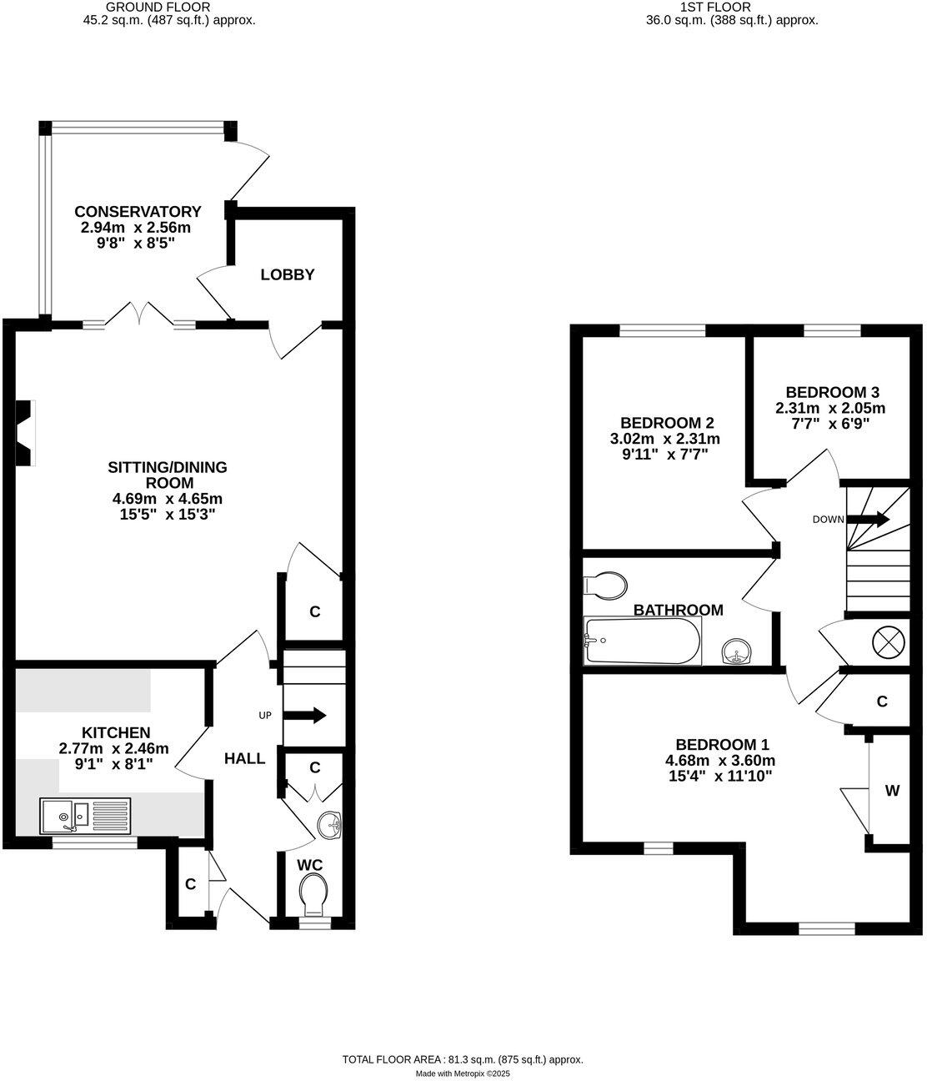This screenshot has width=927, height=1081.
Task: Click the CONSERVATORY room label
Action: coord(138,211)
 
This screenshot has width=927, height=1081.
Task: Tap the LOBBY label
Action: coord(287,274)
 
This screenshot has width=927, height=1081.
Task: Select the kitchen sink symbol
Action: coord(84,814)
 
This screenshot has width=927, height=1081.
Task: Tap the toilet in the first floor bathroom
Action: coord(606,586)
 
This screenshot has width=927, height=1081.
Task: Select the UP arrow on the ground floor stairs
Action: coord(305,716)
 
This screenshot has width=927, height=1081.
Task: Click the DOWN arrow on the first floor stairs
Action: coord(869,520)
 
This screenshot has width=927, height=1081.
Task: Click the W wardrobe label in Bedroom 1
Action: coord(892,791)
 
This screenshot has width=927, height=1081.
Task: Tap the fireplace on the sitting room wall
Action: coord(25,432)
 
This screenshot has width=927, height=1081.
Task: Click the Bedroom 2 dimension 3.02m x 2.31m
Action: coord(665,439)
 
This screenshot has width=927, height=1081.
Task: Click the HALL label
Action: coord(244,758)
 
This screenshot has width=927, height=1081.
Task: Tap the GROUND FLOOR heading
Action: coord(158,7)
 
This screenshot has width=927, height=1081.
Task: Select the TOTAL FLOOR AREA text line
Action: coord(463,1059)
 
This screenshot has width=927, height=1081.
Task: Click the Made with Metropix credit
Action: coord(463,1073)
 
